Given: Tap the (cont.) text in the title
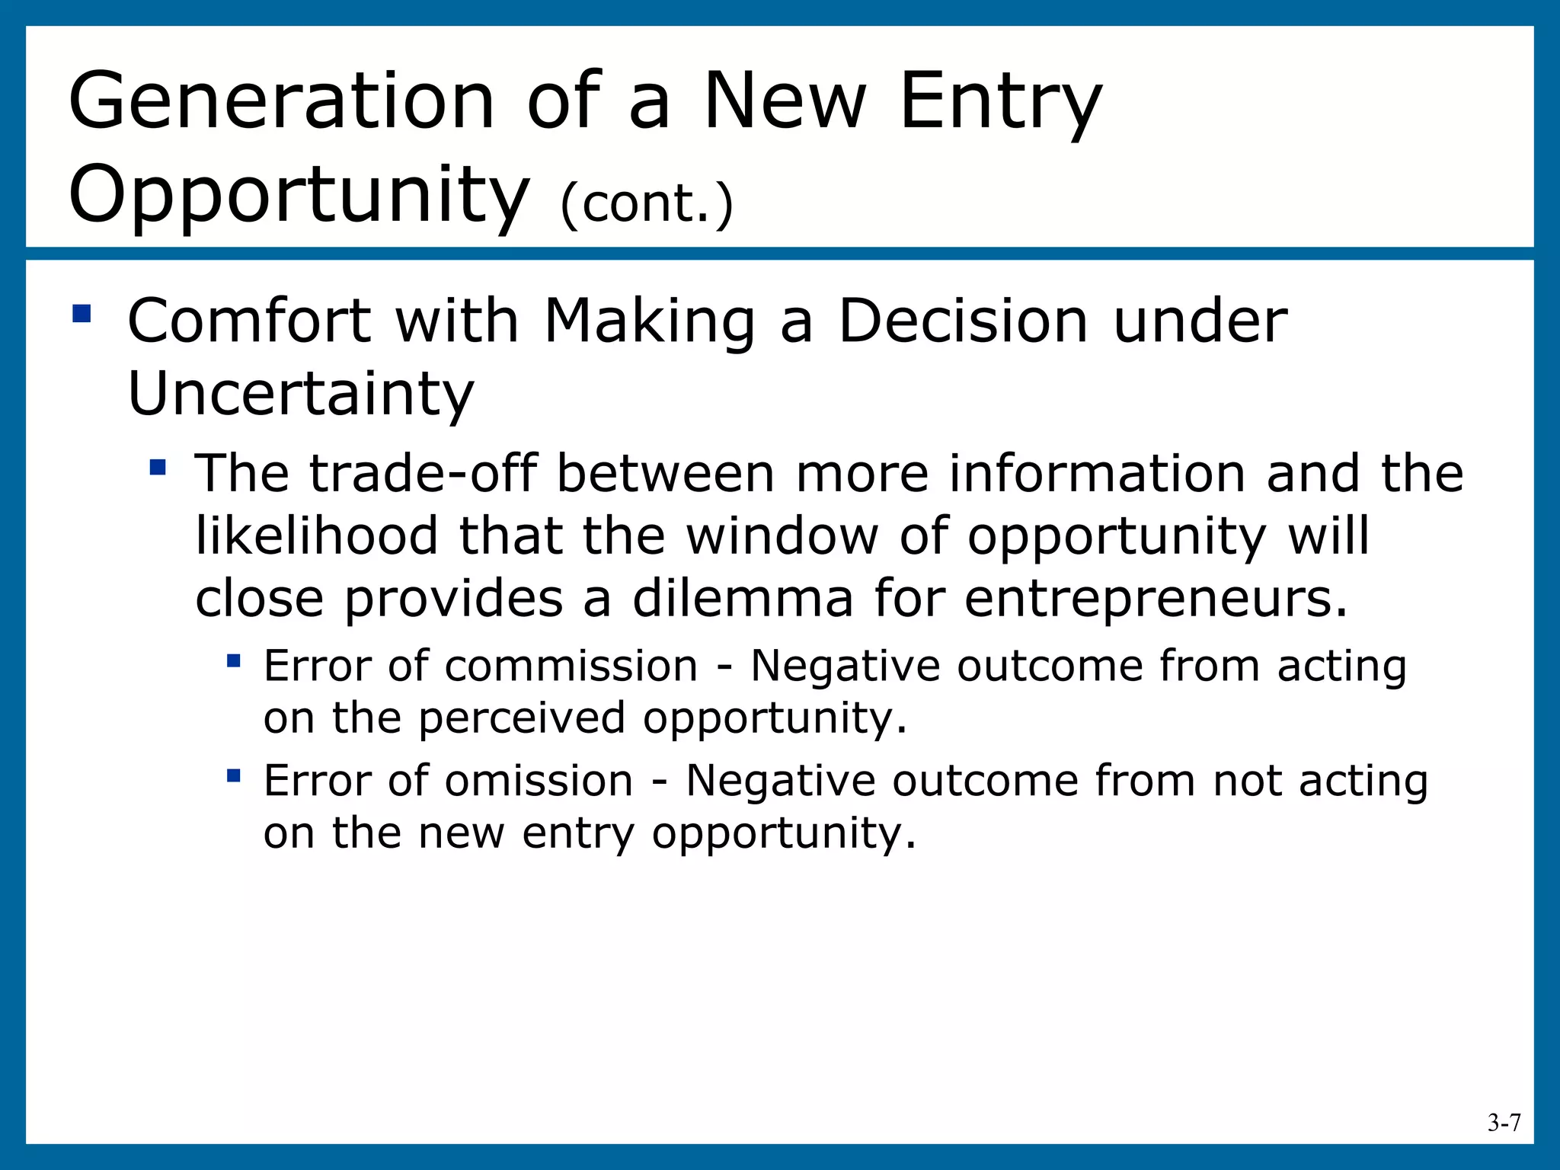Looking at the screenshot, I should click(647, 204).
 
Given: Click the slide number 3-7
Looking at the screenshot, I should click(1504, 1123).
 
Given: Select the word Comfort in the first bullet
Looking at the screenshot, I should click(248, 321).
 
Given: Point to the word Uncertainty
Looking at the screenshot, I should click(300, 394).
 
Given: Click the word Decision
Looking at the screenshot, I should click(963, 321).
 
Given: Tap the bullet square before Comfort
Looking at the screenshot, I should click(82, 314).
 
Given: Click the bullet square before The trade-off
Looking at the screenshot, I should click(158, 467).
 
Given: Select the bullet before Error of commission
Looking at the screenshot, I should click(234, 660).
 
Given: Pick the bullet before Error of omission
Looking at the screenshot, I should click(234, 775).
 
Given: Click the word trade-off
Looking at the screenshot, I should click(424, 473).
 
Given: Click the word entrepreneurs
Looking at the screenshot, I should click(1156, 599).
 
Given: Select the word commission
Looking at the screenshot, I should click(571, 666).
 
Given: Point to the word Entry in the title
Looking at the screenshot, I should click(1000, 104).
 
